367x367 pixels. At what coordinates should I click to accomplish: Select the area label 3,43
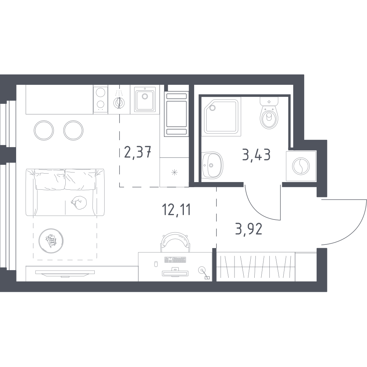(x=256, y=155)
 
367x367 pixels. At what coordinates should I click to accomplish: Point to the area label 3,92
(x=249, y=229)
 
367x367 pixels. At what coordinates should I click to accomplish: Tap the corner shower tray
(x=221, y=117)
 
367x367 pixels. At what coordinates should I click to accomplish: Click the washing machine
(x=301, y=166)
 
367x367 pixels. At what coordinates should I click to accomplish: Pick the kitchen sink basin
(x=145, y=99)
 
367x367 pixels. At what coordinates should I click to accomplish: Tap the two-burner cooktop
(x=101, y=99)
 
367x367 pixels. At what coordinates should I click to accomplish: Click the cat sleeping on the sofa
(x=79, y=203)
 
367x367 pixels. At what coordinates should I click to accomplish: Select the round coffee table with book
(x=51, y=241)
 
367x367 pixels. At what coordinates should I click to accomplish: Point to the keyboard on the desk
(x=175, y=259)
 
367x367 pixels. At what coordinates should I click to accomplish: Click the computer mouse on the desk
(x=156, y=264)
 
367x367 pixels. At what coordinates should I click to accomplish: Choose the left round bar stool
(x=44, y=130)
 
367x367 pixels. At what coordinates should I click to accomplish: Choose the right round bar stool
(x=73, y=130)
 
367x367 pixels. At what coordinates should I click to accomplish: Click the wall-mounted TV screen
(x=65, y=273)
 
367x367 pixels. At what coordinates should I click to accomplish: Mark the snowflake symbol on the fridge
(x=174, y=173)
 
